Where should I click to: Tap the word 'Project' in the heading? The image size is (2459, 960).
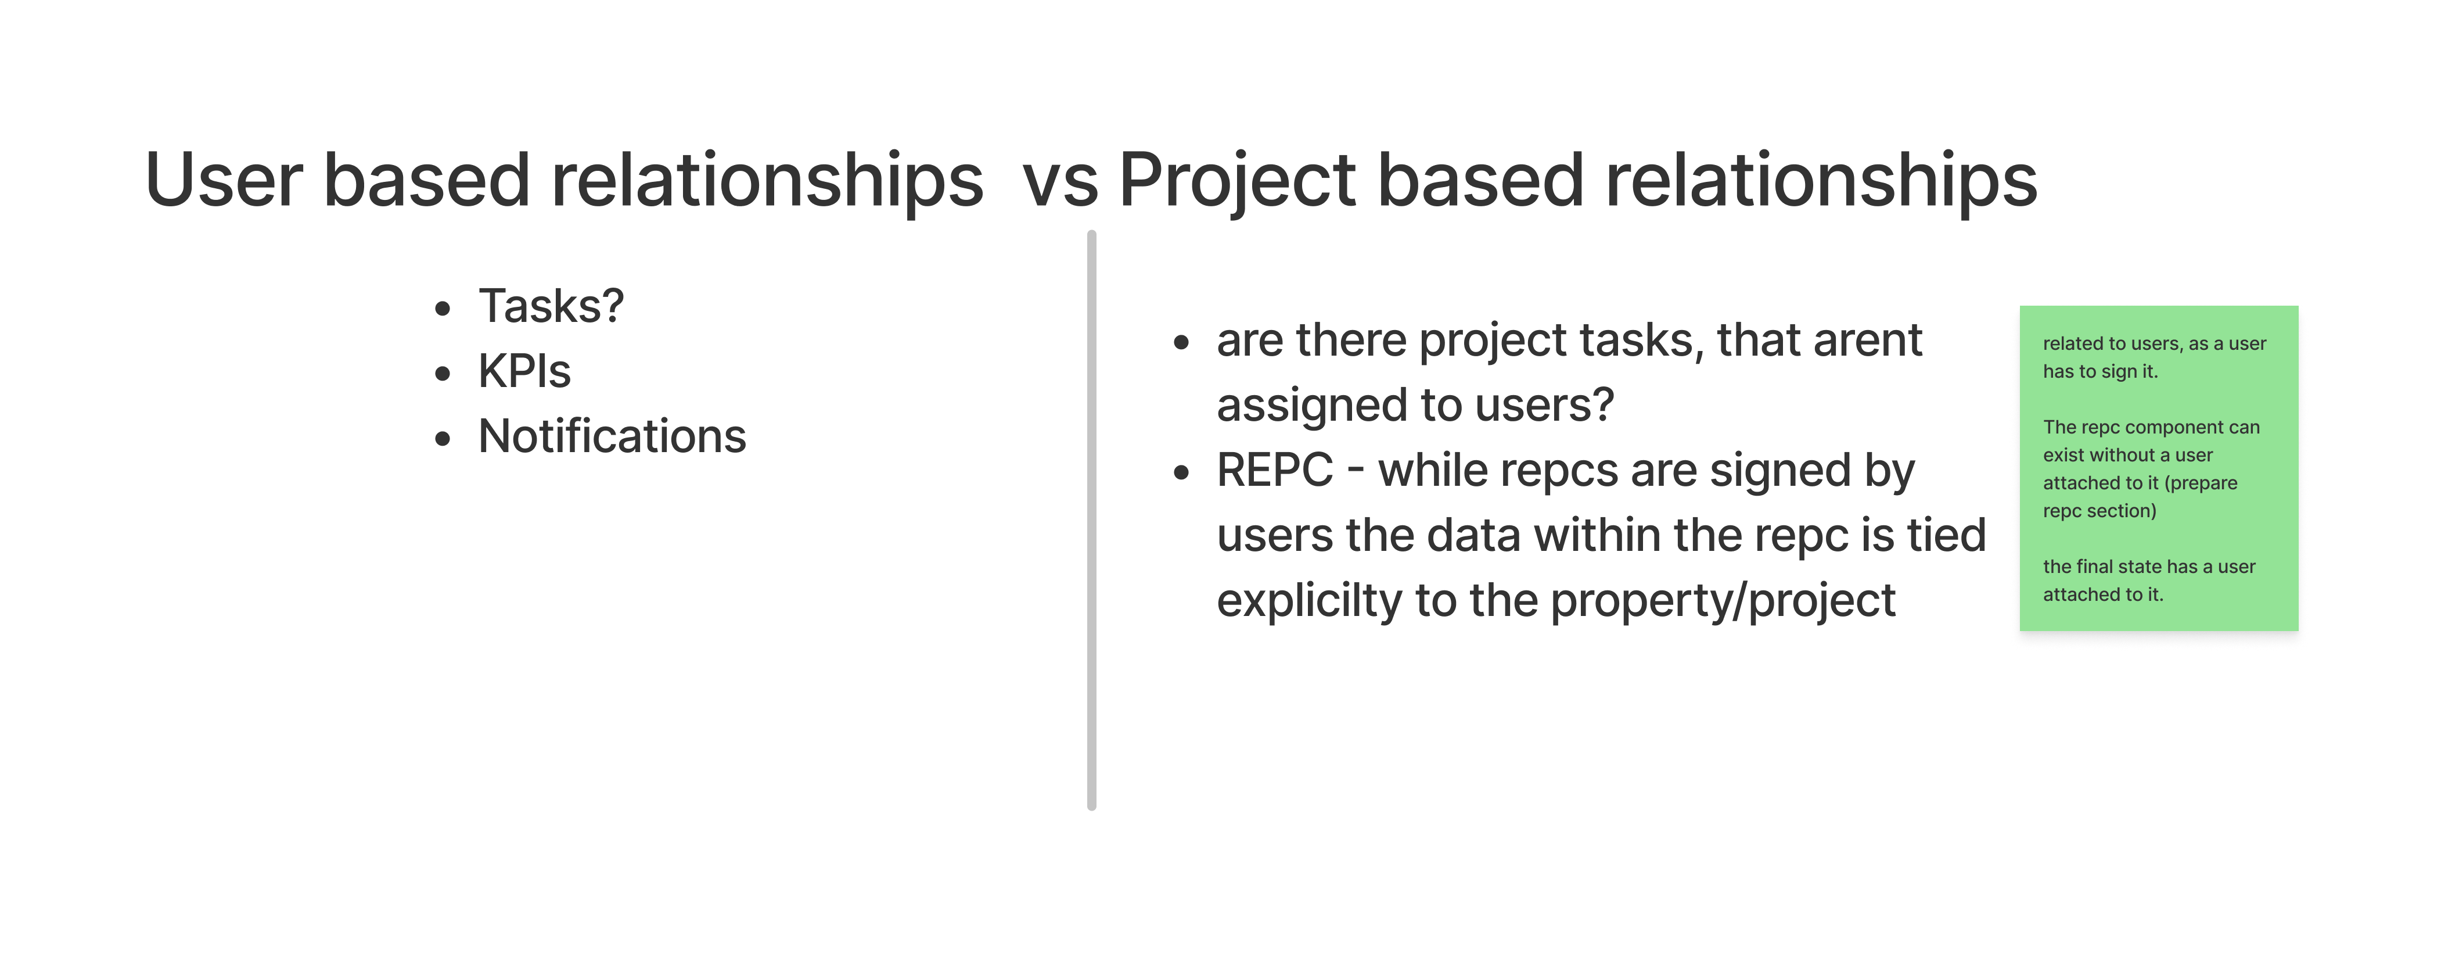click(1237, 181)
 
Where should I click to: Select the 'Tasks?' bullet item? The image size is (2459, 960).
click(551, 306)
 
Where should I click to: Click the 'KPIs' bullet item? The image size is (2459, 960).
click(524, 371)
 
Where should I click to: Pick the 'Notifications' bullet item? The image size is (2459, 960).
click(612, 436)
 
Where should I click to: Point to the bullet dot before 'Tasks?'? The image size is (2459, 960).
click(442, 309)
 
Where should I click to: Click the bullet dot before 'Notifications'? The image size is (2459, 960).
click(442, 438)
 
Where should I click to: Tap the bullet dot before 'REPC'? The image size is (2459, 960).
click(1182, 472)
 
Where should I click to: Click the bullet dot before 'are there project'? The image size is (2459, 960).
click(1182, 342)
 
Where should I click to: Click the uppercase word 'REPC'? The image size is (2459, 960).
click(1274, 470)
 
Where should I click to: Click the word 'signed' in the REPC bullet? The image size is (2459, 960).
click(1780, 472)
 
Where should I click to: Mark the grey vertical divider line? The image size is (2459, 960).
click(1091, 521)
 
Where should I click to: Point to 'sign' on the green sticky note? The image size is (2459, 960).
click(2121, 371)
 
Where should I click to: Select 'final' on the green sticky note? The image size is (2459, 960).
click(2093, 567)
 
